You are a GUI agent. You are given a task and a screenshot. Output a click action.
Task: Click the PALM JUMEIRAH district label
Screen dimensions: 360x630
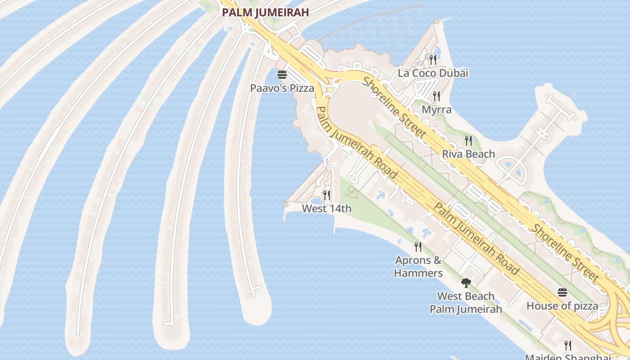tap(265, 13)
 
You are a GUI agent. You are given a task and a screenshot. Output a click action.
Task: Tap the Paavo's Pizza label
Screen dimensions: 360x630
tap(282, 88)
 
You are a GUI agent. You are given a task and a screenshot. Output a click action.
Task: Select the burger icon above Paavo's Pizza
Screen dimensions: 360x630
tap(282, 75)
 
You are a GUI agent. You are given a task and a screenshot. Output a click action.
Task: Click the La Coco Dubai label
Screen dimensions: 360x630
tap(433, 73)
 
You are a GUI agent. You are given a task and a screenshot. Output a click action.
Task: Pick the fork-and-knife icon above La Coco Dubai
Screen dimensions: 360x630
tap(433, 59)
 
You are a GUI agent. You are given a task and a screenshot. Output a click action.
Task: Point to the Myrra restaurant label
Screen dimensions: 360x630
tap(436, 110)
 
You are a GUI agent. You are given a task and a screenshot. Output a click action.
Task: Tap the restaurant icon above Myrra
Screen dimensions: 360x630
tap(436, 96)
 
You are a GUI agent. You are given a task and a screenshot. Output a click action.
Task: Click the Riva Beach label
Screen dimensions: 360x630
tap(468, 154)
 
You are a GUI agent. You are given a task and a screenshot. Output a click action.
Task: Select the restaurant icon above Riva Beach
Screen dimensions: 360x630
tap(468, 141)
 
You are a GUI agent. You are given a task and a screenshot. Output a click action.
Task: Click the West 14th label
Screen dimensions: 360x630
tap(327, 209)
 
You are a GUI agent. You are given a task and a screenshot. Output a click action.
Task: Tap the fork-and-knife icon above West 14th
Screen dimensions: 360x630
tap(327, 195)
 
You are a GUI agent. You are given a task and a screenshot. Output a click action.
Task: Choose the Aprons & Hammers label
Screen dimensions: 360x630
tap(418, 267)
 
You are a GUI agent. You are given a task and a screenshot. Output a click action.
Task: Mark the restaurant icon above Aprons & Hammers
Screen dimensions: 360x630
tap(418, 247)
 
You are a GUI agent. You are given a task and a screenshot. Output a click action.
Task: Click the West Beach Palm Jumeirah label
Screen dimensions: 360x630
tap(466, 303)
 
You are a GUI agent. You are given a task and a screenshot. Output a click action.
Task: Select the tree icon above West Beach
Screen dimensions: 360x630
tap(466, 283)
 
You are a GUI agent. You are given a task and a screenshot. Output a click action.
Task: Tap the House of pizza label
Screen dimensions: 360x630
tap(562, 306)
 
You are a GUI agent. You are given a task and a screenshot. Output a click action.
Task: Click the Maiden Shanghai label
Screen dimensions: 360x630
tap(568, 357)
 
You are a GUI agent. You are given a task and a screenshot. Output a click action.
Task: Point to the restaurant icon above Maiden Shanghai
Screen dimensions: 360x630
tap(568, 346)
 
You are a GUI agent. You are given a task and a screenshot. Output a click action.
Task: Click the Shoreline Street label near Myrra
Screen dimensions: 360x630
tap(394, 107)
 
